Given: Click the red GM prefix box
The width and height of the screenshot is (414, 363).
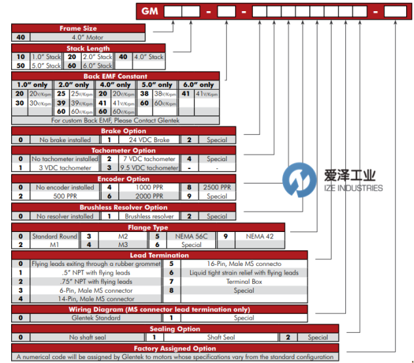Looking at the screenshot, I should [x=149, y=10].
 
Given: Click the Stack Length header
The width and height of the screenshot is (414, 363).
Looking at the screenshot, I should [x=88, y=48].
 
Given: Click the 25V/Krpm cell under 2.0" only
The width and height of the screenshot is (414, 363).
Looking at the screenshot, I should [x=79, y=94].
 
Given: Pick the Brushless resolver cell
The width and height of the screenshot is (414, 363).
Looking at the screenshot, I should [x=149, y=216].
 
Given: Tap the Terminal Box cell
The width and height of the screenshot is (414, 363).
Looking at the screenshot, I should [x=243, y=282].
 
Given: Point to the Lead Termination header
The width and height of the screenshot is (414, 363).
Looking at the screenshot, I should [x=160, y=255].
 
